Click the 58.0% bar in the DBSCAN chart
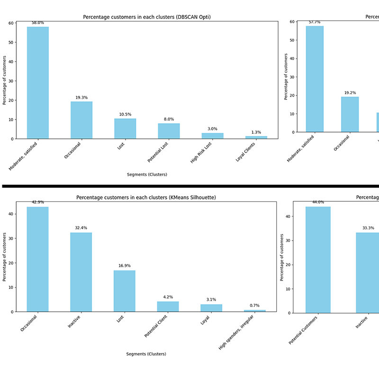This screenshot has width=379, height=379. point(37,83)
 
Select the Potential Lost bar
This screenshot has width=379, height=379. point(169,131)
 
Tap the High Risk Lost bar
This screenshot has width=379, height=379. point(212,136)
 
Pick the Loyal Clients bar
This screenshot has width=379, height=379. point(256,137)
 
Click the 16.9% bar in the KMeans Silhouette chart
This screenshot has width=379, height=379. point(125,291)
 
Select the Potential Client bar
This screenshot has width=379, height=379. point(168,307)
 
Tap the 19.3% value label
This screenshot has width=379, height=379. point(81,98)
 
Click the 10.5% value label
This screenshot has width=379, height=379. point(125,114)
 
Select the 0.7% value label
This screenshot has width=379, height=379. point(255,306)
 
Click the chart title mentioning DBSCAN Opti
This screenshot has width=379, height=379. point(147,17)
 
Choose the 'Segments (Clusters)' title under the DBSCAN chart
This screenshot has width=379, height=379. point(147,174)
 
